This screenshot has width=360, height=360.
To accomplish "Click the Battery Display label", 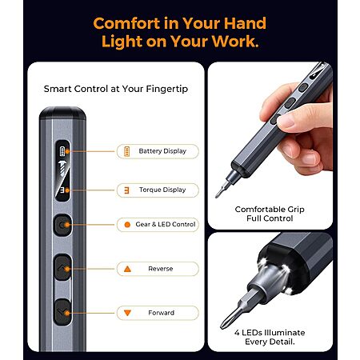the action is [x=162, y=151].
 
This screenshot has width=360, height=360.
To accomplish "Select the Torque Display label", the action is [x=162, y=190].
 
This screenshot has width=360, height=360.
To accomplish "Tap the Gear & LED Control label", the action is [x=166, y=224].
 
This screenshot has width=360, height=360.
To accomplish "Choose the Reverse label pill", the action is [x=158, y=269].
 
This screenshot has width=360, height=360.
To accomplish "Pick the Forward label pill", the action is [x=158, y=313].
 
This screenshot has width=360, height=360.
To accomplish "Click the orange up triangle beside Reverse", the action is [x=127, y=269].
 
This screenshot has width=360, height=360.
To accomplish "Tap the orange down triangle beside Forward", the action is [x=127, y=313].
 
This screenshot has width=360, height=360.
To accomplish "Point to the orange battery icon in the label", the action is [x=127, y=151].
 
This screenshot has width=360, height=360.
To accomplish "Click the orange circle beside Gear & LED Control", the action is [x=127, y=225].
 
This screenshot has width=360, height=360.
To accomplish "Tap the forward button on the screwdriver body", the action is [x=63, y=312].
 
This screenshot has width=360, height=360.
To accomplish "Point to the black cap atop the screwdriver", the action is [x=62, y=113].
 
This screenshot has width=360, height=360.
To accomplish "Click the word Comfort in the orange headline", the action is [x=126, y=23].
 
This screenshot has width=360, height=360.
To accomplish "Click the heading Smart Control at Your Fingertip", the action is [x=116, y=89].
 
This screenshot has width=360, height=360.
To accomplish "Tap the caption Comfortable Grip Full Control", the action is [x=270, y=214].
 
